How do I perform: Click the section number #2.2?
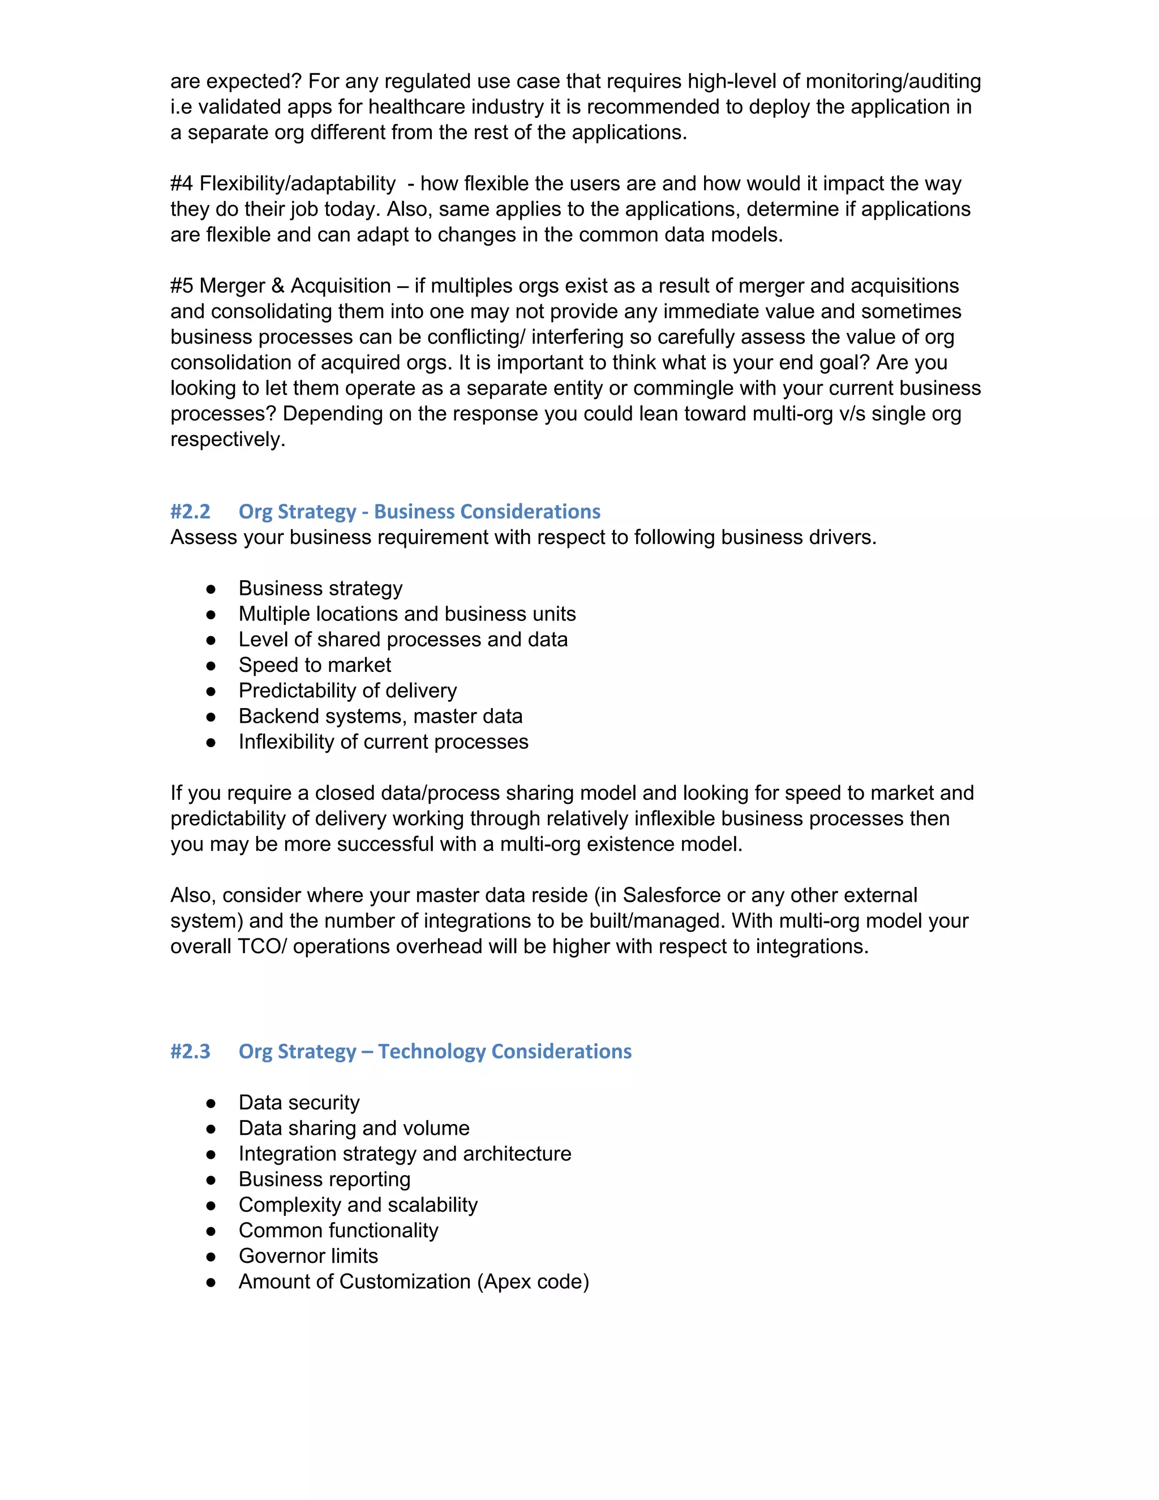(x=190, y=512)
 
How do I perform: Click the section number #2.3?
(x=190, y=1052)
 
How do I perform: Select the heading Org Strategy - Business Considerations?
(x=419, y=512)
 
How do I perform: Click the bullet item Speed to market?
(x=315, y=665)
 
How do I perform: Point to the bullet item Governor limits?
(x=308, y=1255)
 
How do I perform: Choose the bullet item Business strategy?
(x=320, y=589)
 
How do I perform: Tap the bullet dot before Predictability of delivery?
(x=211, y=691)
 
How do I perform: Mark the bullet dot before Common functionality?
(x=211, y=1231)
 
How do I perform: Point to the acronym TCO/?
(x=261, y=946)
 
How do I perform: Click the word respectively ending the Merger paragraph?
(x=227, y=440)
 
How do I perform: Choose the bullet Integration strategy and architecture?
(x=405, y=1154)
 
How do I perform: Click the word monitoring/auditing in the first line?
(x=892, y=82)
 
